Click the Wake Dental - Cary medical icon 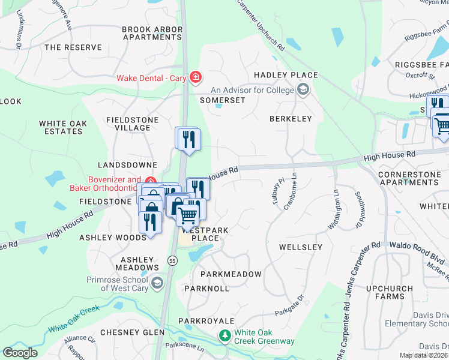pos(195,77)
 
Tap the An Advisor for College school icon pos(303,90)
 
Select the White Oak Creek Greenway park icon pos(225,335)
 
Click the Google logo pos(20,353)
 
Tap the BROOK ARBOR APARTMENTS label pos(152,33)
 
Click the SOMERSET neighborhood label pos(222,100)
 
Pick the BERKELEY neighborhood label pos(291,119)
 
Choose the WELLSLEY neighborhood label pos(301,247)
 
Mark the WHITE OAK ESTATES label pos(63,128)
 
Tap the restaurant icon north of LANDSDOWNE pos(188,139)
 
